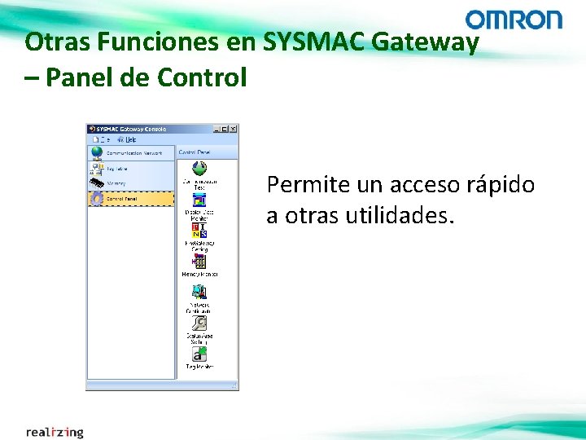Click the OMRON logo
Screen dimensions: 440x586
(x=514, y=20)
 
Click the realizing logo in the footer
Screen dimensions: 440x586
(x=55, y=431)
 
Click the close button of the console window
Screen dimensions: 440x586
(x=234, y=129)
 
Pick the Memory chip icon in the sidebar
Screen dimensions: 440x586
(x=96, y=183)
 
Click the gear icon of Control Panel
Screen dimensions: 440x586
(x=96, y=199)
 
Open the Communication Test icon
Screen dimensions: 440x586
(x=199, y=169)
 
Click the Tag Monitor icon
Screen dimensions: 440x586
(x=199, y=354)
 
